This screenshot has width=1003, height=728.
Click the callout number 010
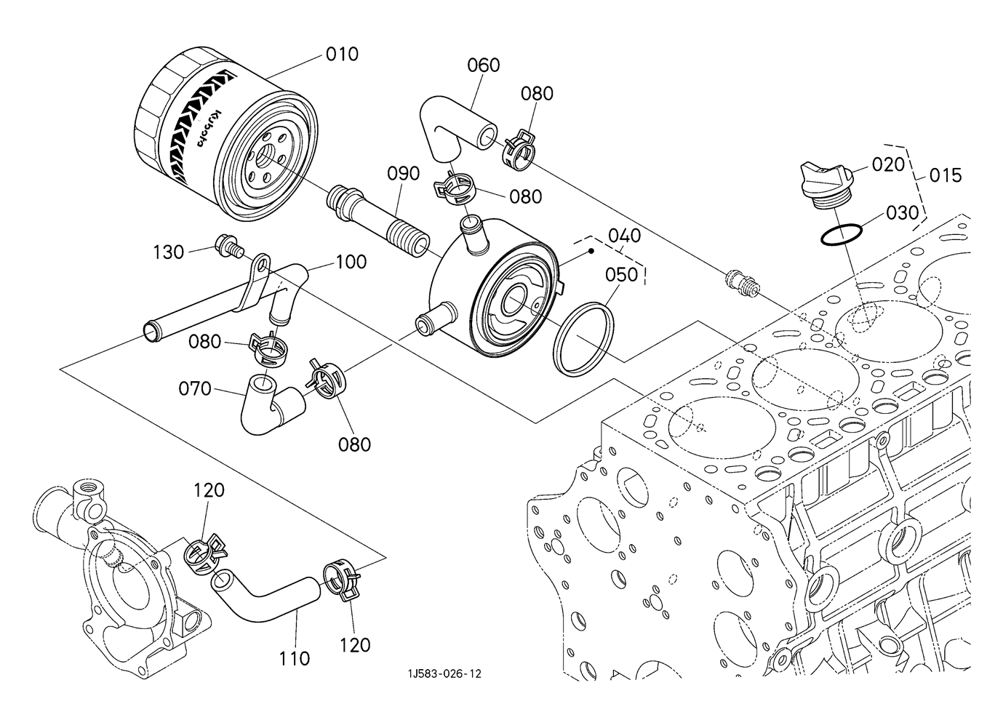click(x=342, y=55)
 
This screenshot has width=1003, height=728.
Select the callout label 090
click(x=404, y=174)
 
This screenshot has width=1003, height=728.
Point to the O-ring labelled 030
click(x=841, y=236)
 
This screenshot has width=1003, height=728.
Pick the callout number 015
click(x=946, y=175)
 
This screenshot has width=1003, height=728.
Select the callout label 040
click(x=624, y=236)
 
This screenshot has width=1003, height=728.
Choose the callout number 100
click(x=351, y=262)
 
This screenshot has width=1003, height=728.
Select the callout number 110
click(x=294, y=659)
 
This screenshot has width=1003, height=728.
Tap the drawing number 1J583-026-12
click(x=444, y=674)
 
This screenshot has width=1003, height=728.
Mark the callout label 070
click(x=195, y=389)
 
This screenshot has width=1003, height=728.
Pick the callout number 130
click(x=169, y=253)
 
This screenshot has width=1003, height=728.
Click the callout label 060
click(x=484, y=65)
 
